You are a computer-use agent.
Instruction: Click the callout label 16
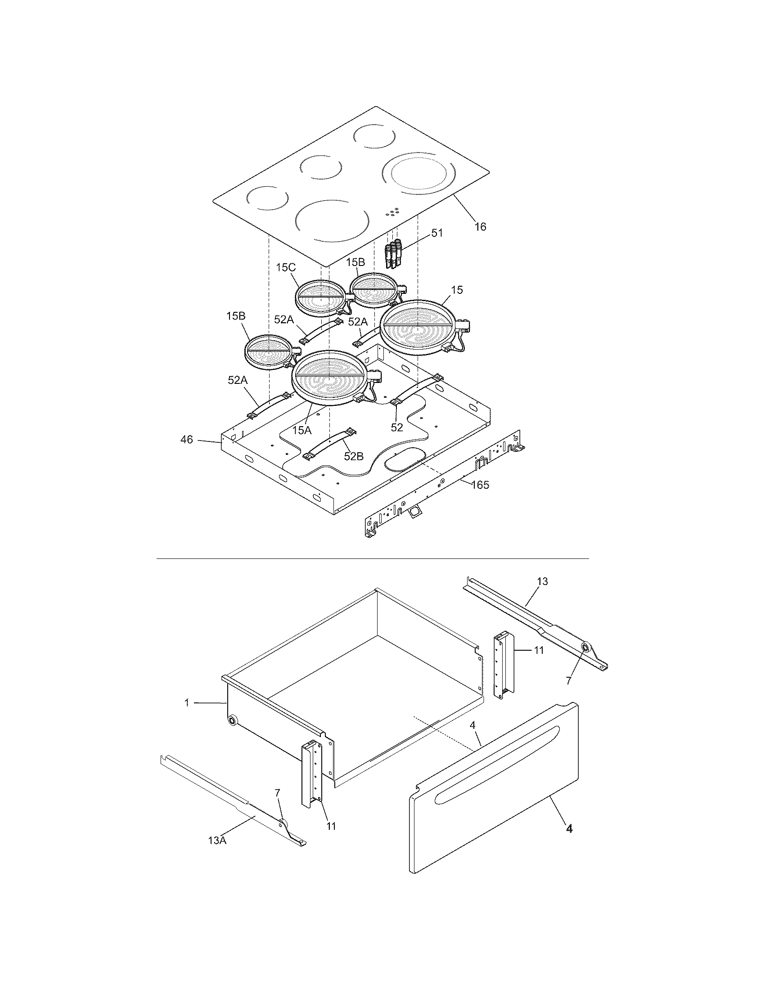(480, 227)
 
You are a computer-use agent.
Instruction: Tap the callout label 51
(437, 233)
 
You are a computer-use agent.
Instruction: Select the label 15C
(285, 267)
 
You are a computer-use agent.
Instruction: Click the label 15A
(302, 430)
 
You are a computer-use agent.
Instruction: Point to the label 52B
(354, 456)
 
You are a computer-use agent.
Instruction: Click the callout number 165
(480, 485)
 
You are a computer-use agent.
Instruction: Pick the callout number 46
(187, 439)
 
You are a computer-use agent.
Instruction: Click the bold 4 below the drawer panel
(569, 829)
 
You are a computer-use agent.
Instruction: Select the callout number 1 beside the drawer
(186, 703)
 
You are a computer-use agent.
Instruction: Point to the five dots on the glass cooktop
(392, 211)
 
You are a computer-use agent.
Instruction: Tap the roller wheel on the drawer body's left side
(233, 721)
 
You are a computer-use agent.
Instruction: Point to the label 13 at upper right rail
(542, 581)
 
